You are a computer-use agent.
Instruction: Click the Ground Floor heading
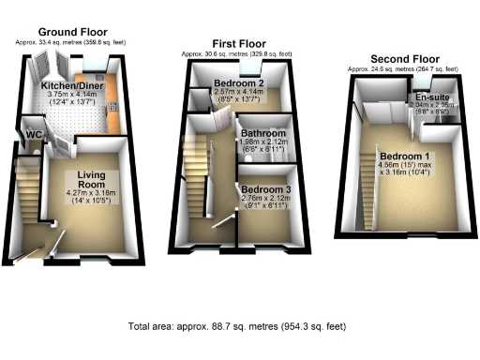pos(73,35)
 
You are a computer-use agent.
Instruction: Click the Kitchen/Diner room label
pos(73,83)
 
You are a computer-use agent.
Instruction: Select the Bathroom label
pos(260,134)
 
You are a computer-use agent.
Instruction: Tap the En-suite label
pos(430,97)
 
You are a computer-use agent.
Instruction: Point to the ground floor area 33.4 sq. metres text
pos(73,43)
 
